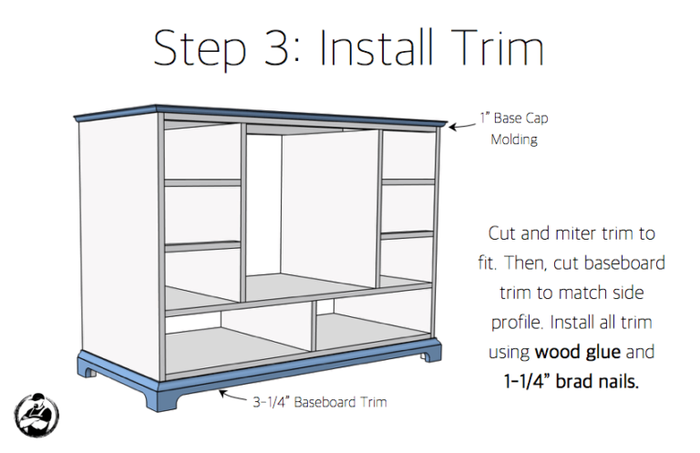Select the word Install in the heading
click(376, 47)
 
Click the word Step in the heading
click(199, 50)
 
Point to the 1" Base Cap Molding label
click(514, 129)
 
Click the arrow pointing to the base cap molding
click(462, 128)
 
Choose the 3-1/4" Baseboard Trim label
click(320, 402)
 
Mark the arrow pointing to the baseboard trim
click(233, 396)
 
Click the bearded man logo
click(36, 415)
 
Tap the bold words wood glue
click(578, 352)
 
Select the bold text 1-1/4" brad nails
click(571, 382)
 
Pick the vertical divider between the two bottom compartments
click(313, 325)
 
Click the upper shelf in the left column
click(202, 183)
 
